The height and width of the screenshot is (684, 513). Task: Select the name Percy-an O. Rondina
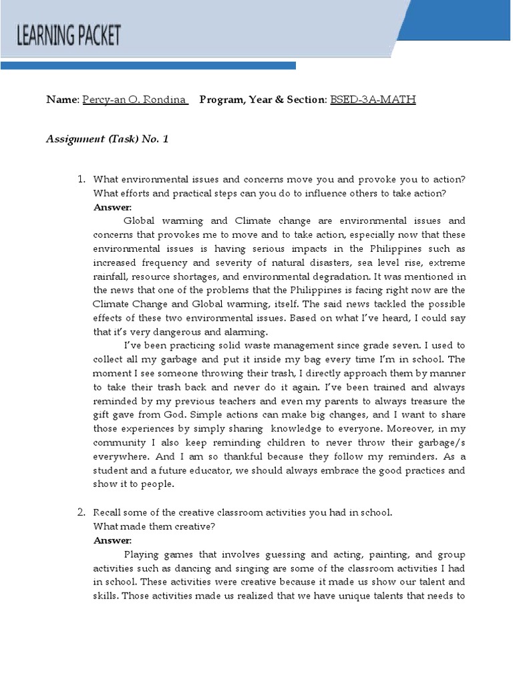click(134, 100)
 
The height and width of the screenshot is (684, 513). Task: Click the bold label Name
click(61, 100)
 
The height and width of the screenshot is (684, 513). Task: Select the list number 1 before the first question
click(81, 180)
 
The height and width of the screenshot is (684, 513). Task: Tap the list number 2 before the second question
click(81, 512)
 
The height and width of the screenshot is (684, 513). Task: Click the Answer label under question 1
click(112, 207)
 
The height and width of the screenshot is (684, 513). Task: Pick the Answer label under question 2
click(112, 540)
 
